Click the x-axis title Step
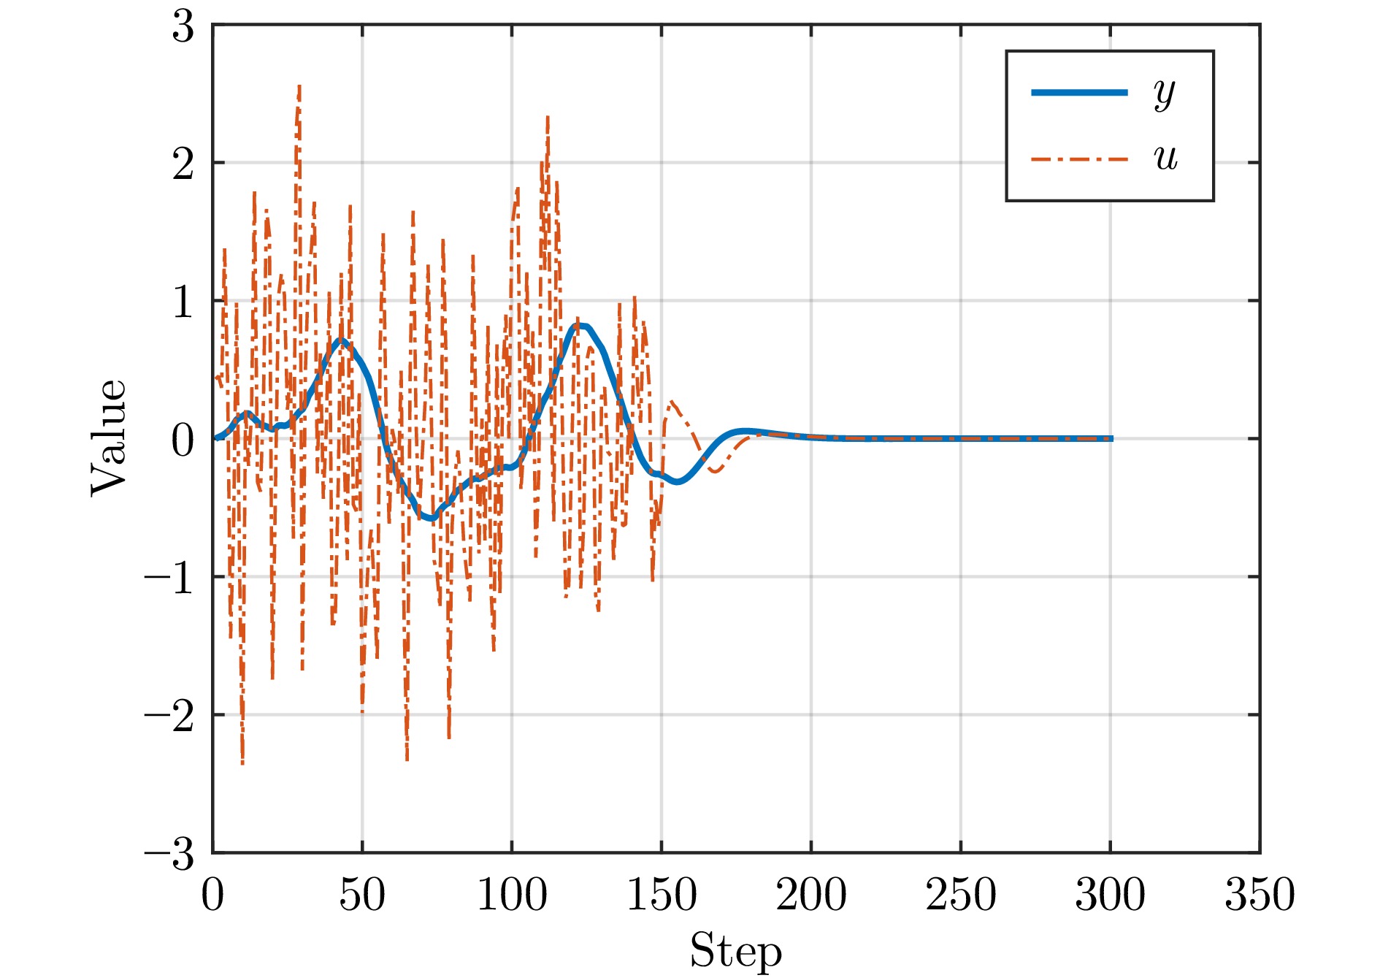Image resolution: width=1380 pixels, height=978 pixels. (x=735, y=951)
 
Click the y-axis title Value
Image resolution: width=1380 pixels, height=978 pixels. (x=109, y=438)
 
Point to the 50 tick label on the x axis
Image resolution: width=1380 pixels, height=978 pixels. (x=361, y=895)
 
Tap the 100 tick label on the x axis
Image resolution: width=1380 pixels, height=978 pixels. (x=511, y=895)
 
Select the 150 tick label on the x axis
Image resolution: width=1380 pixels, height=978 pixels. (x=662, y=895)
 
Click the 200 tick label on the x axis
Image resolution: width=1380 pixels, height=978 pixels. (x=811, y=895)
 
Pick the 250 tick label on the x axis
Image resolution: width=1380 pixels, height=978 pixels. (x=961, y=895)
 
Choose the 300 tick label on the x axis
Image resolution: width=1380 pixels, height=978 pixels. (x=1110, y=895)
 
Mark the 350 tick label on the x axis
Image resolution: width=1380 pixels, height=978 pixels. (x=1260, y=895)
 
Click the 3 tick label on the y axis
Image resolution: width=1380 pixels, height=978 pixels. (x=183, y=28)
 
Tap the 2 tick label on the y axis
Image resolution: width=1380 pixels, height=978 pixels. (x=183, y=164)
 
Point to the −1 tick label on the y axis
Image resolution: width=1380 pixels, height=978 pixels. (x=169, y=578)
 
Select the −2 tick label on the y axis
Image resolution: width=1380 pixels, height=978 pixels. (x=169, y=717)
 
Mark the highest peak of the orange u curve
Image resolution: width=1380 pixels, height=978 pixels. (x=299, y=86)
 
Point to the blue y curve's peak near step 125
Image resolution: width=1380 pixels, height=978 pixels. (x=580, y=326)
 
